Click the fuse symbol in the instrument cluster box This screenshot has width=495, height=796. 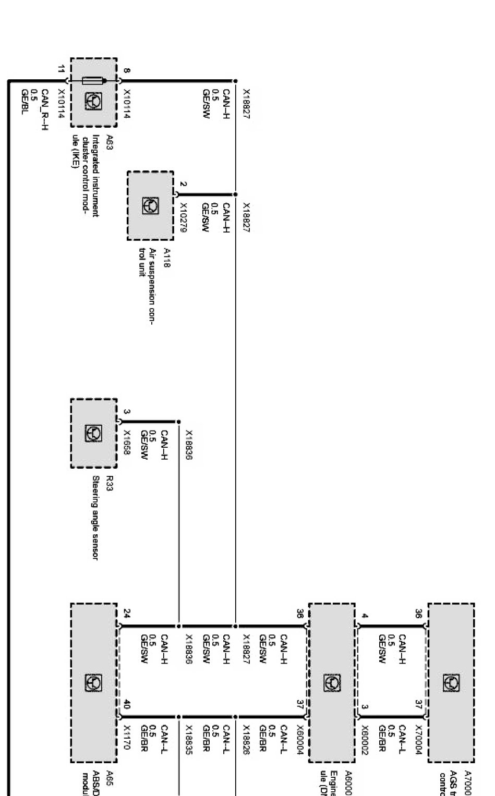[94, 81]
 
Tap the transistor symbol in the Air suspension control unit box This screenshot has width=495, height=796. [150, 205]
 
